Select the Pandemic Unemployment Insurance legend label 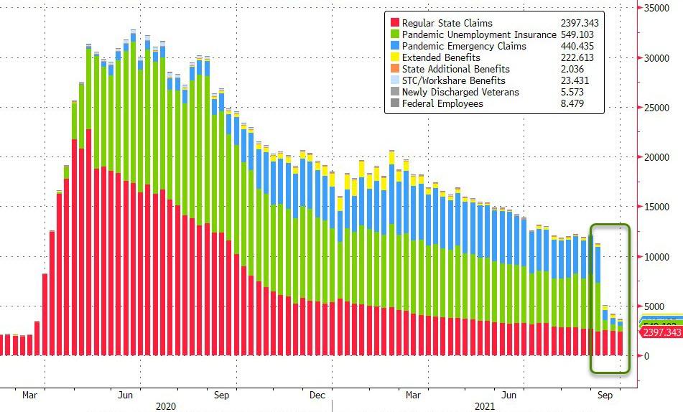point(479,34)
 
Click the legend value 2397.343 point(580,23)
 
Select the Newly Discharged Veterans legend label point(460,92)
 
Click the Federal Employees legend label point(442,103)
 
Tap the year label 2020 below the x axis point(166,406)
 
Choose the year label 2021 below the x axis point(485,406)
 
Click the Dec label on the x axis point(317,395)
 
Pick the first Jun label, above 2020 point(125,395)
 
